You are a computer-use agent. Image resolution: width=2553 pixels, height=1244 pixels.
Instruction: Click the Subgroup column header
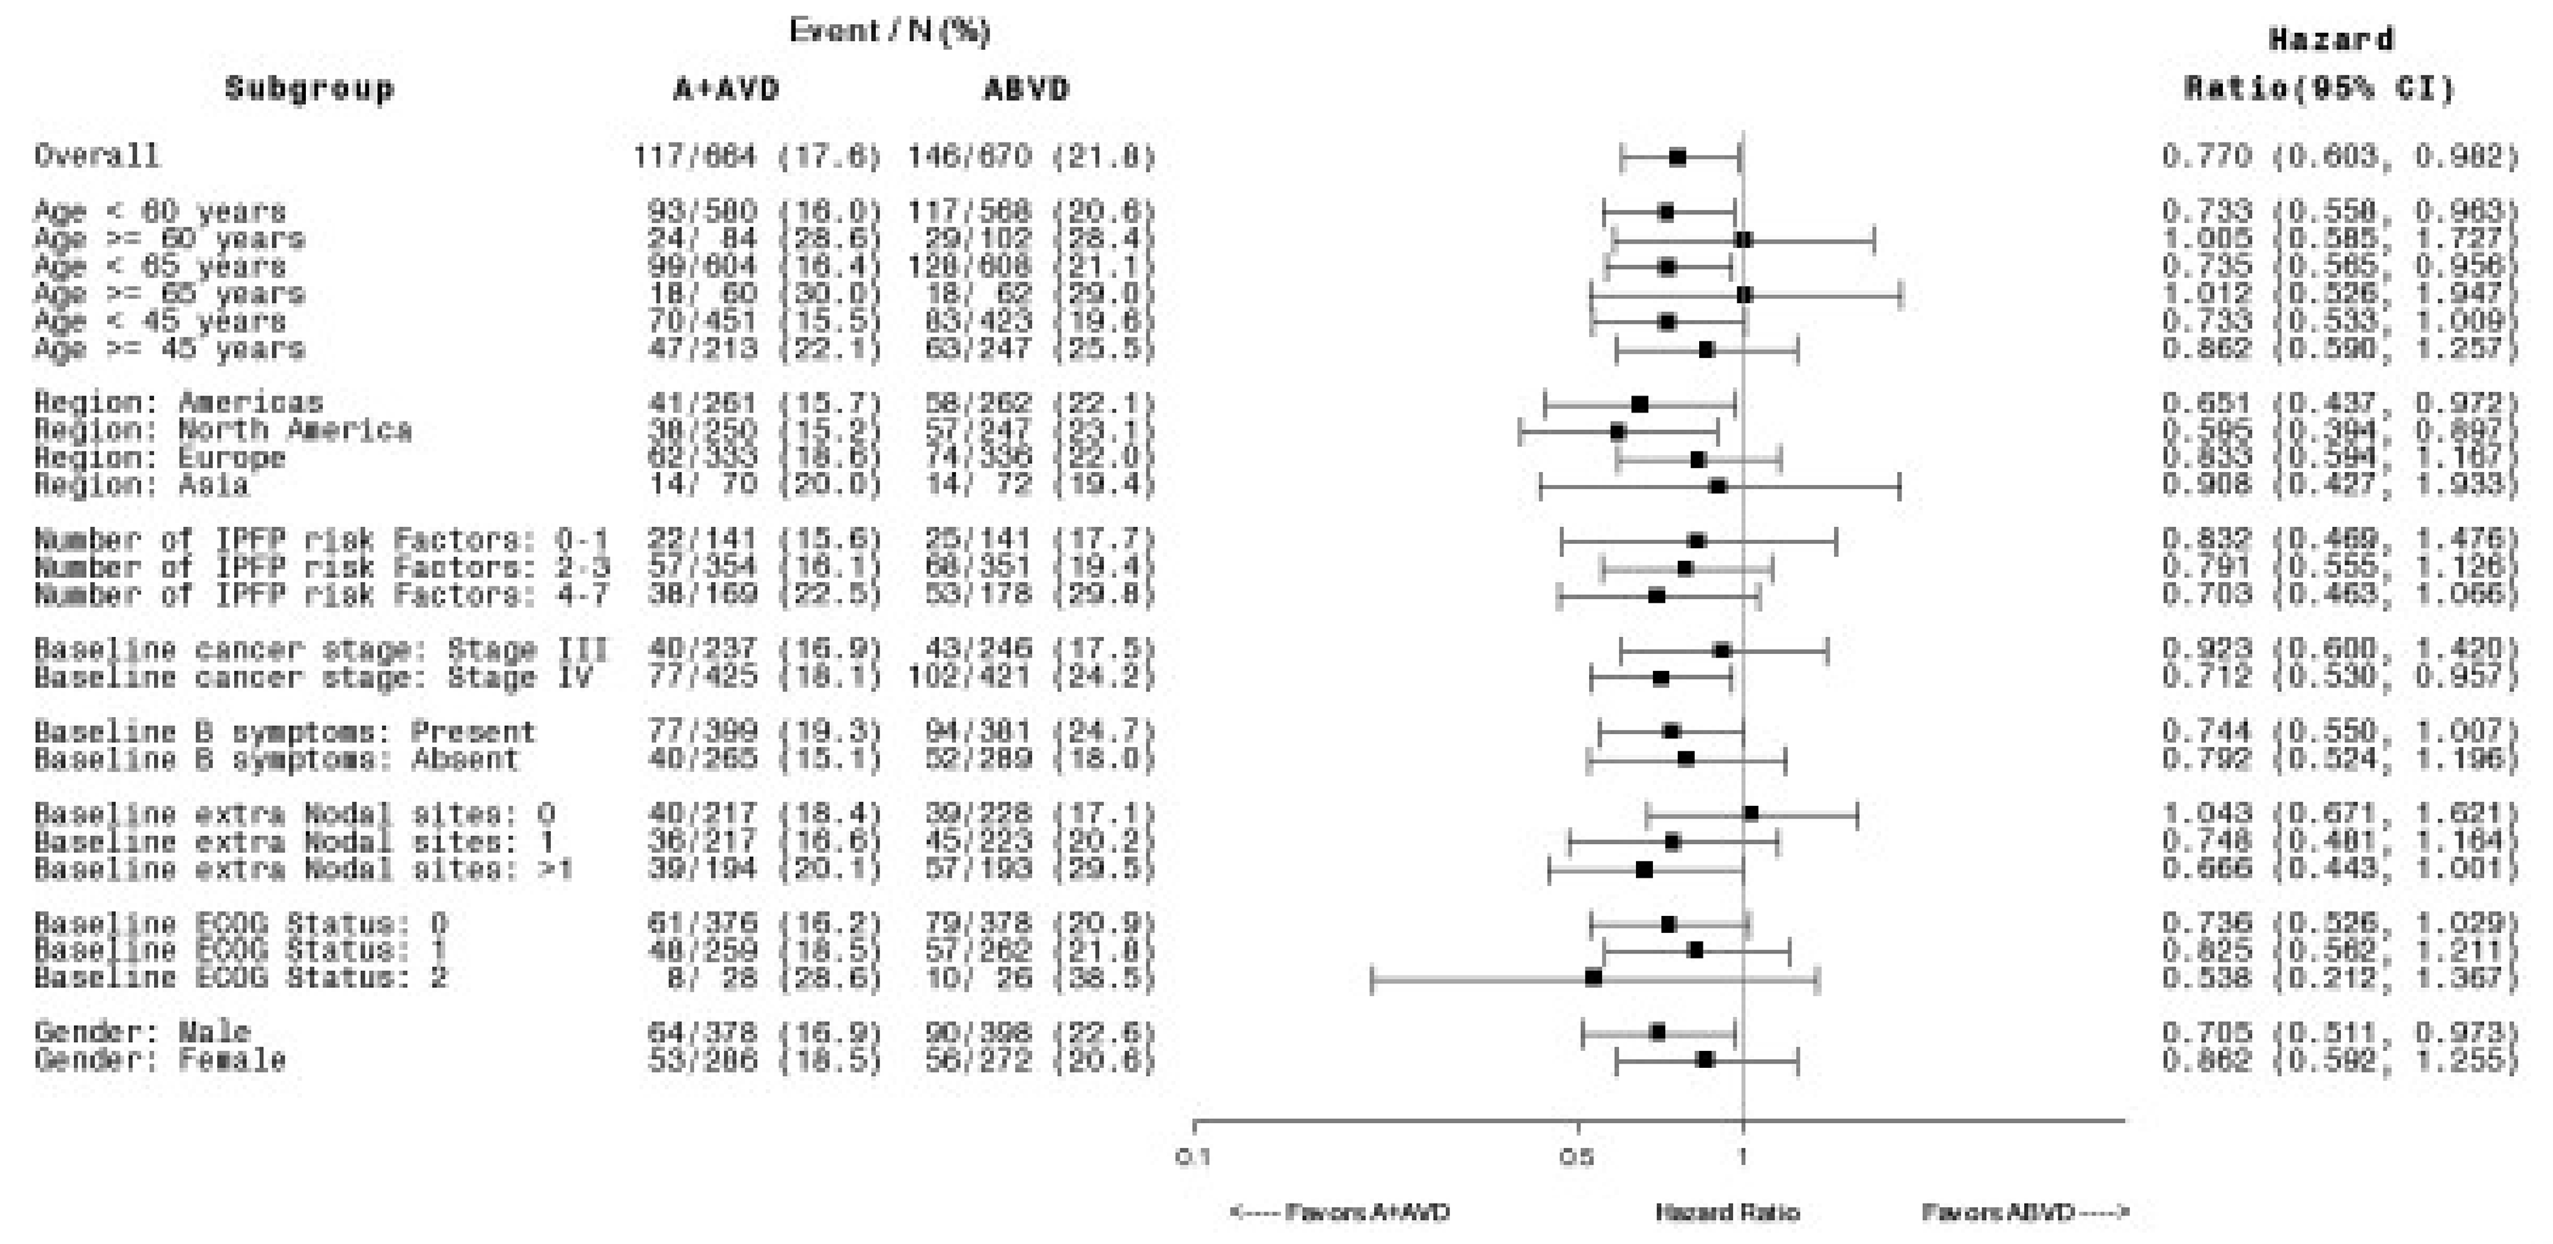(x=308, y=90)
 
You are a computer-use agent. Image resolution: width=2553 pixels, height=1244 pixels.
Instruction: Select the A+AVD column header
(x=726, y=90)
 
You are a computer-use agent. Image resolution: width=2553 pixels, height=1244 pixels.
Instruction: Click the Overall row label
(x=96, y=156)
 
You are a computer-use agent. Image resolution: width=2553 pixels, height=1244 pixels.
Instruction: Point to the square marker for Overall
(x=1677, y=156)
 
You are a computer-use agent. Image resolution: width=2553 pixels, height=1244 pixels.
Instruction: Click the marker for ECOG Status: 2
(x=1593, y=978)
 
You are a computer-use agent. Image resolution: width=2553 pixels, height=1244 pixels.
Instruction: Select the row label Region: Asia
(x=141, y=484)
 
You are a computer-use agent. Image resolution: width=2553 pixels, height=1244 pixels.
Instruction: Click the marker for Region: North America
(x=1618, y=432)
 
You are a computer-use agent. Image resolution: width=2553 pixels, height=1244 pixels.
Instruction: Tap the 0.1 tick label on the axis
(x=1194, y=1157)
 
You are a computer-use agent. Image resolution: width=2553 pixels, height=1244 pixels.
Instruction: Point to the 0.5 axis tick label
(x=1576, y=1157)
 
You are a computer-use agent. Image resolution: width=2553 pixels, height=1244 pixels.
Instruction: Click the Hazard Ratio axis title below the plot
(x=1726, y=1211)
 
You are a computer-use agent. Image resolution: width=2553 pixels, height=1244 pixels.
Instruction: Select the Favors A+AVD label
(x=1339, y=1211)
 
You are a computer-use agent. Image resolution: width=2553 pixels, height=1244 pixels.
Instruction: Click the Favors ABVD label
(x=2025, y=1211)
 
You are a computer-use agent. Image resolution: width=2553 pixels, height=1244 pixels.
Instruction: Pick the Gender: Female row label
(x=160, y=1060)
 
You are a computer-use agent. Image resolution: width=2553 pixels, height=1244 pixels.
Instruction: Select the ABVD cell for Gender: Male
(x=1031, y=1032)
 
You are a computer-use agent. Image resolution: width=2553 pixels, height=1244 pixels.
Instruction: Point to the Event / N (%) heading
(x=889, y=32)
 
